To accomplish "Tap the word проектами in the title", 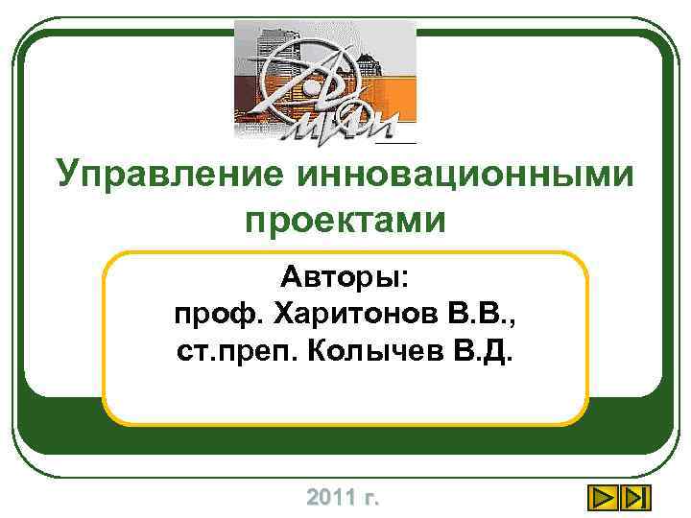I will pyautogui.click(x=345, y=221).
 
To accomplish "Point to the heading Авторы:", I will pyautogui.click(x=345, y=279).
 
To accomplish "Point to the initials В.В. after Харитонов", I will pyautogui.click(x=485, y=315).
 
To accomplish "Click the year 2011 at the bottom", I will pyautogui.click(x=328, y=498).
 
